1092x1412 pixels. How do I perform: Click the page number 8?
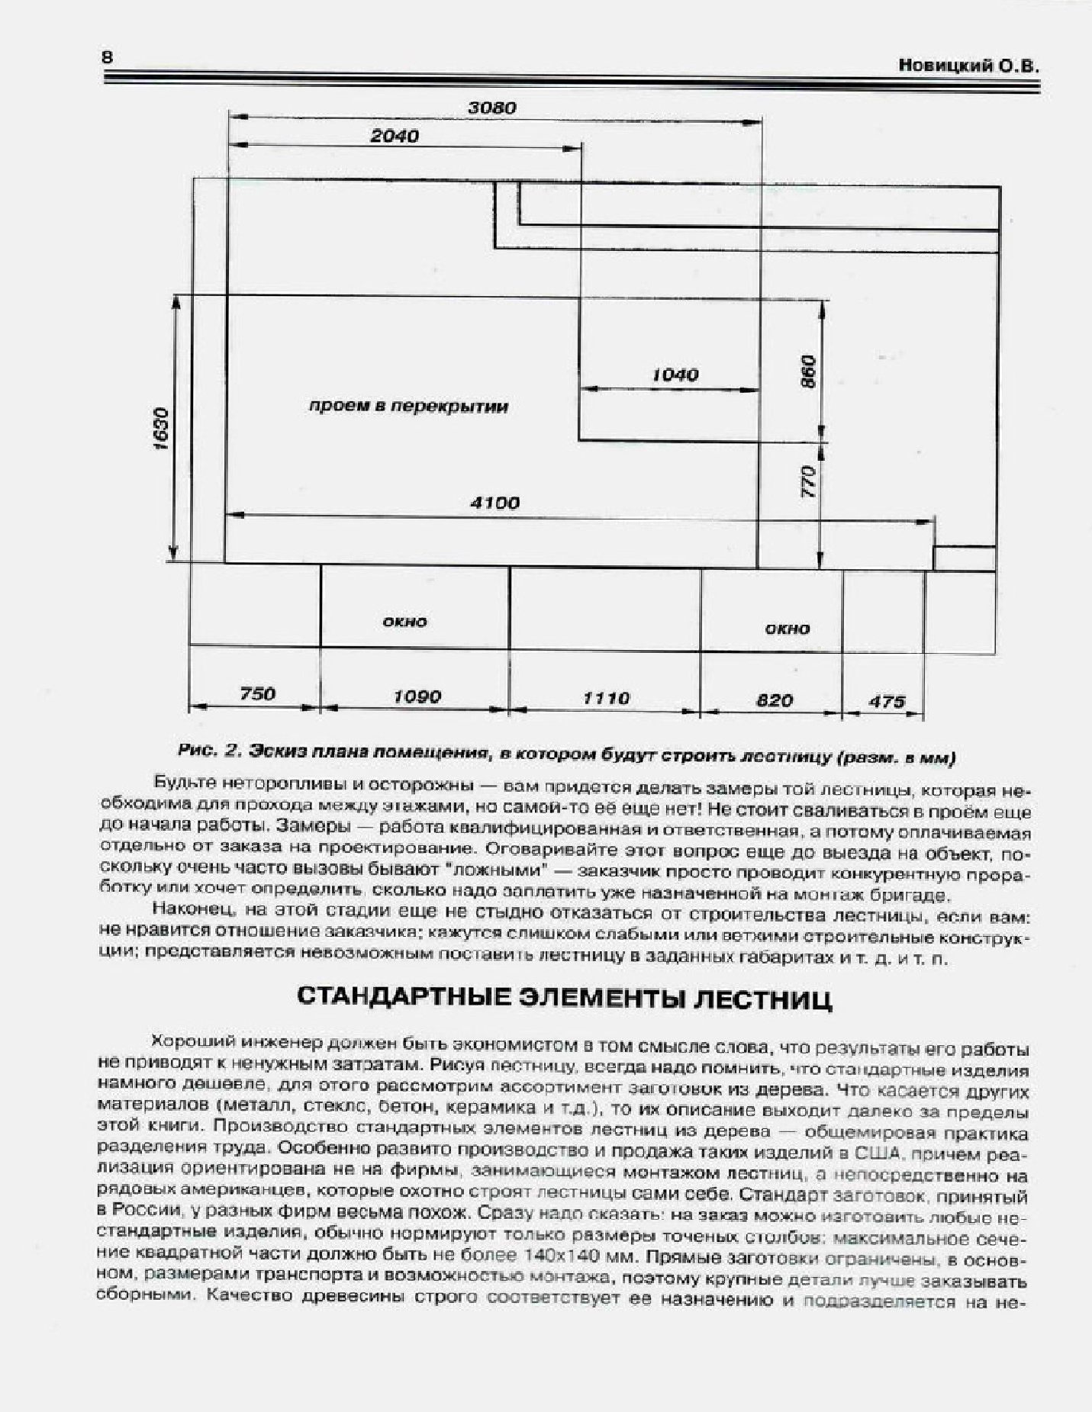[107, 58]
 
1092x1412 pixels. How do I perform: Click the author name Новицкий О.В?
[968, 66]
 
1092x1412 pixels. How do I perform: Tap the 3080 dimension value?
[492, 108]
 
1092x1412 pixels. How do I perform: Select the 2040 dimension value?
[395, 137]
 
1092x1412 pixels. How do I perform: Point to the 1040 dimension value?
[675, 375]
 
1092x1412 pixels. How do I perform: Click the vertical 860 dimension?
[810, 372]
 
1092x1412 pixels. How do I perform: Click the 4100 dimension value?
[495, 503]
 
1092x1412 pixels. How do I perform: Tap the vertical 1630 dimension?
[160, 429]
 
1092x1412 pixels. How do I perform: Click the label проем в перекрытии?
[408, 407]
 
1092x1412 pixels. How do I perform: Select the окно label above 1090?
[404, 622]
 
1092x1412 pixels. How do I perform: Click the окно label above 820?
[788, 629]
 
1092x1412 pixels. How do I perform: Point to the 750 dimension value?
[257, 694]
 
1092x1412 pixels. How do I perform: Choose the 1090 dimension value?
[417, 696]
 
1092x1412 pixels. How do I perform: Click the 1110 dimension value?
[606, 698]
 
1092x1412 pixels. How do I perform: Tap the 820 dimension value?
[775, 700]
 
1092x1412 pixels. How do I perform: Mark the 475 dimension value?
[887, 702]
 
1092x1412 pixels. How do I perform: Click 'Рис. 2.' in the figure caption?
[210, 751]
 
